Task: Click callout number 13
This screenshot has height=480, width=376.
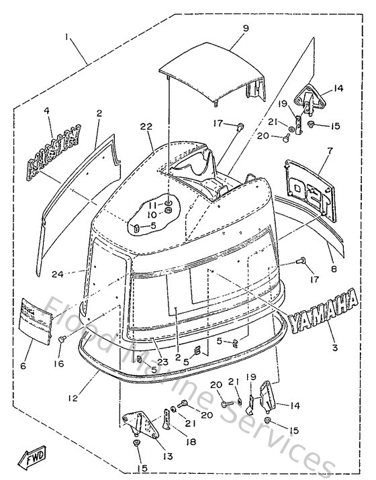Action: [x=167, y=457]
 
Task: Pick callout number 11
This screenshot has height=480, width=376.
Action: [x=152, y=203]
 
